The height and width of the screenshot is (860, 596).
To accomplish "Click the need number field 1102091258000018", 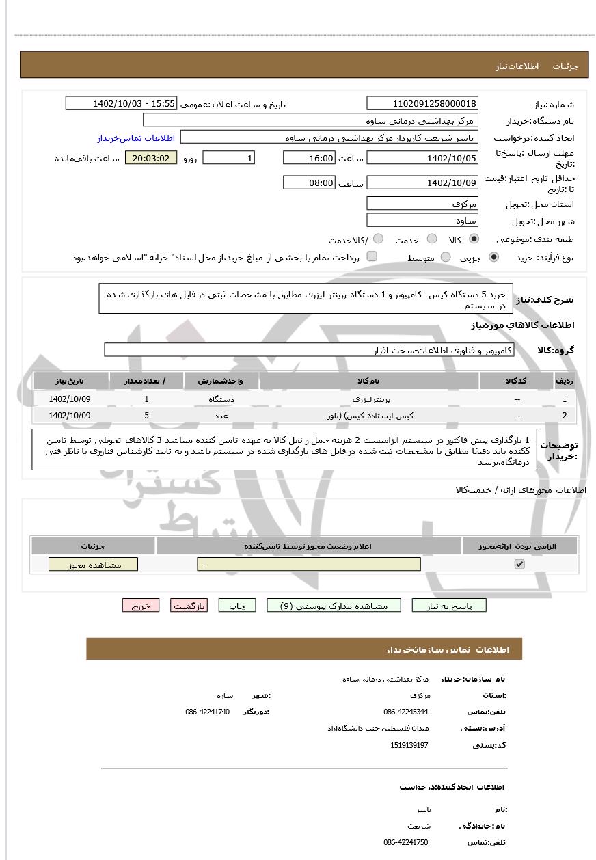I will pos(422,103).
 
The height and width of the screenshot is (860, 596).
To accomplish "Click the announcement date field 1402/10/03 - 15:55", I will pos(121,103).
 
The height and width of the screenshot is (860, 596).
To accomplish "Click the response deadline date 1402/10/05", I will pos(422,158).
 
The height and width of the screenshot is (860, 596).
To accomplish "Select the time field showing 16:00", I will pos(309,158).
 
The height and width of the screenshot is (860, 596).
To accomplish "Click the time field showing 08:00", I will pos(309,183).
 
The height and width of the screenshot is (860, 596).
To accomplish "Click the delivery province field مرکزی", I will pos(422,203).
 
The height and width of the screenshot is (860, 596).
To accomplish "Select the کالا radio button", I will pos(474,239).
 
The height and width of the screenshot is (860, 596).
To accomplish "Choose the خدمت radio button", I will pos(432,239).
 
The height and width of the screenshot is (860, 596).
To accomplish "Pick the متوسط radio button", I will pos(446,258).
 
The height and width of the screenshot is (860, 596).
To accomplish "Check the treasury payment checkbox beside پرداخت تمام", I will pos(372,257).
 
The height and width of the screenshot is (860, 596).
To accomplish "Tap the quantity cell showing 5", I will pos(146,415).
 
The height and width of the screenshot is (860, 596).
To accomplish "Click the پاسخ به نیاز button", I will pos(449,606).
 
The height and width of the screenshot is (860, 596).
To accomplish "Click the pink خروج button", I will pos(140,606).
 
